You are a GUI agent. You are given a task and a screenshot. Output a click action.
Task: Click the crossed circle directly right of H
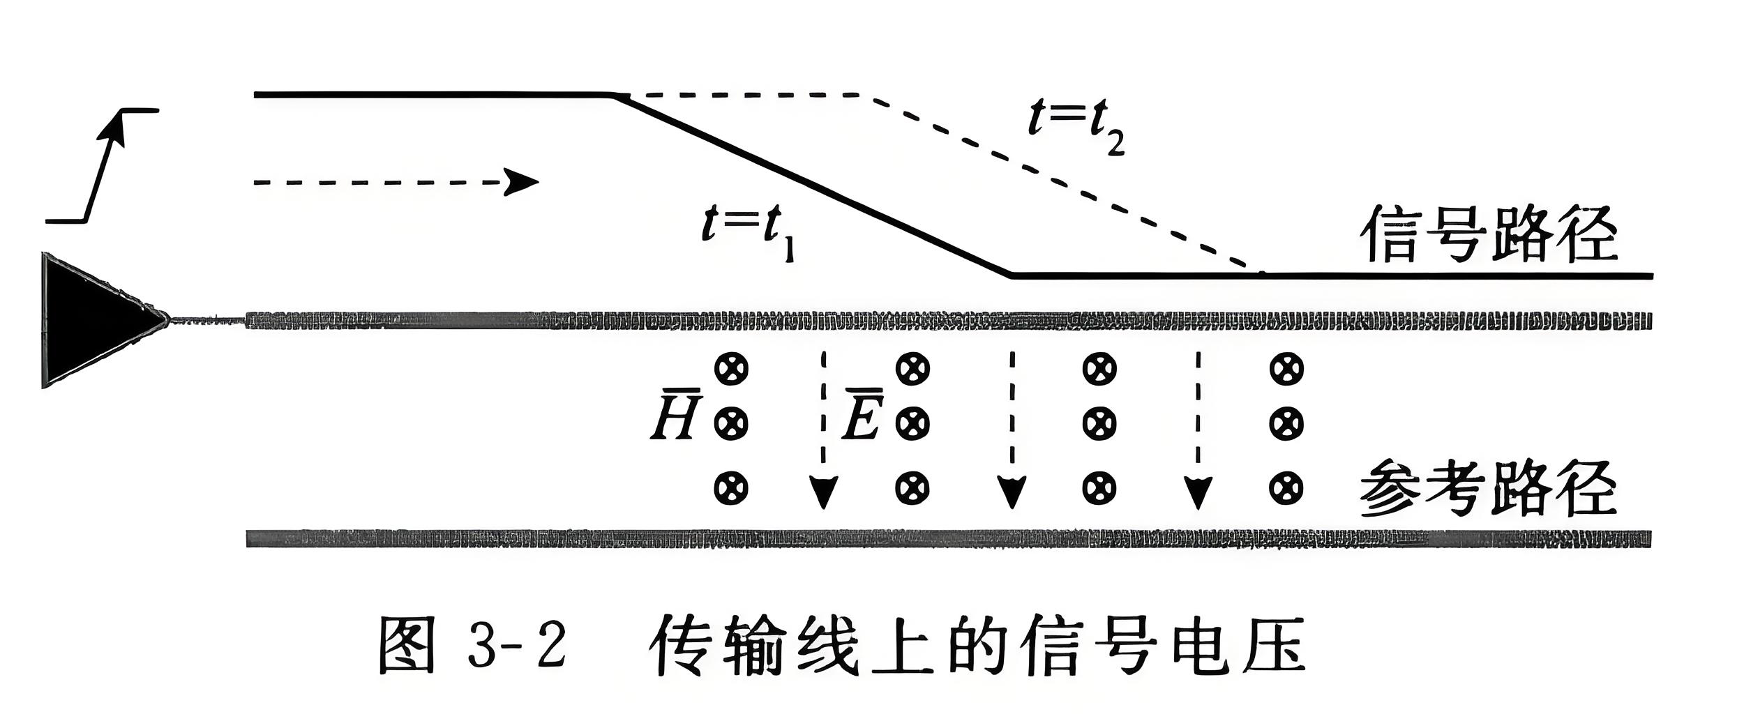point(731,423)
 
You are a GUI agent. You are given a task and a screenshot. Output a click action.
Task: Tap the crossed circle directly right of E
point(912,423)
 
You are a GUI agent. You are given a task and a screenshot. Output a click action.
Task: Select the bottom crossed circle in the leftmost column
point(731,488)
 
